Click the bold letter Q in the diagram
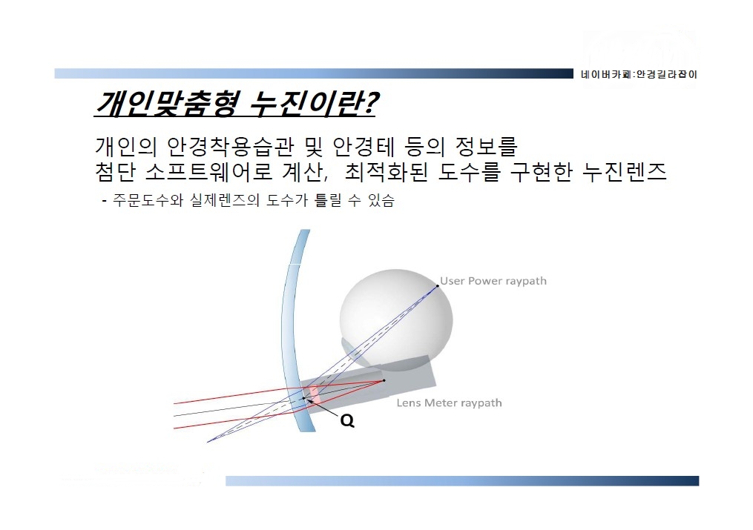tap(347, 420)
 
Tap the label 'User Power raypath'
tap(493, 281)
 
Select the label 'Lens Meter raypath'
tap(449, 403)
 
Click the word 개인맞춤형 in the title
tap(166, 103)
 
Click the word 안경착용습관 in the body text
tap(230, 147)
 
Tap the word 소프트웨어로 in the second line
tap(209, 172)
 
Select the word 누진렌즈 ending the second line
tap(625, 172)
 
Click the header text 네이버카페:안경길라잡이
tap(639, 74)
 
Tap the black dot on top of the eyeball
tap(438, 286)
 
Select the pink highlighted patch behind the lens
tap(315, 395)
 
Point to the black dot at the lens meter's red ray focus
tap(384, 381)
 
